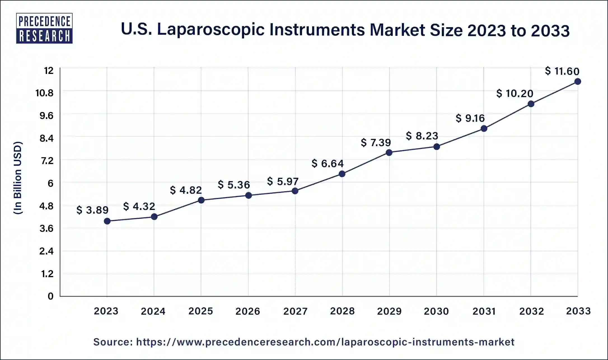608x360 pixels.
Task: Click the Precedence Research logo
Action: click(44, 28)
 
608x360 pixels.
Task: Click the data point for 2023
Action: click(107, 221)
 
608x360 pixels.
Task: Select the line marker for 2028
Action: click(342, 174)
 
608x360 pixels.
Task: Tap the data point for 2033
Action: click(577, 81)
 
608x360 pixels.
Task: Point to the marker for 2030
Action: click(436, 147)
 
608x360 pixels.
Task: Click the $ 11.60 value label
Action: click(562, 71)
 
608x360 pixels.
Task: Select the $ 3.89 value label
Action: click(92, 210)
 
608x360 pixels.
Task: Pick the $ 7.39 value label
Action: click(376, 143)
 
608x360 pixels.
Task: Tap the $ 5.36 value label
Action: click(234, 185)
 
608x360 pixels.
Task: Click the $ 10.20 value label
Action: click(515, 93)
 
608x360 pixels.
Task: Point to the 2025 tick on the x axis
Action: click(201, 311)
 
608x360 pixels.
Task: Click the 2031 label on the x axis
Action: click(484, 311)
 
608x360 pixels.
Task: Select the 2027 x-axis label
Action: click(295, 311)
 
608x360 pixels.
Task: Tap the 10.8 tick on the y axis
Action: click(44, 93)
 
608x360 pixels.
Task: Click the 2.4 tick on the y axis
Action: click(46, 251)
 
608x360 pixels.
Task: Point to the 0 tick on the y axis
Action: click(50, 296)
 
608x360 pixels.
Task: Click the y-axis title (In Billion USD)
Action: click(18, 178)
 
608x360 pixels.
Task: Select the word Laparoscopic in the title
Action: click(211, 30)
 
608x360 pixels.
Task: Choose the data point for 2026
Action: click(248, 195)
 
